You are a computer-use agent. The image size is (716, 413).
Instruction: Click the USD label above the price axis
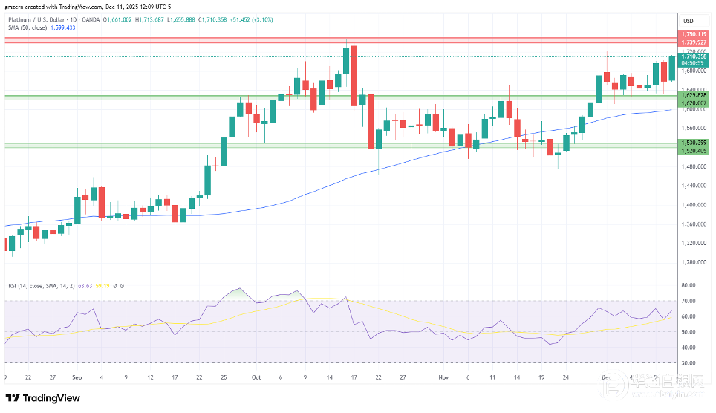pos(688,20)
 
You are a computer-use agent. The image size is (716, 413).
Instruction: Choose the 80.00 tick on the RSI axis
pos(688,285)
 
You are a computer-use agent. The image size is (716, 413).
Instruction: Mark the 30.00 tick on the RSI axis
pos(688,363)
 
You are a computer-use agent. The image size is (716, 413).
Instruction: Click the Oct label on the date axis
pos(256,377)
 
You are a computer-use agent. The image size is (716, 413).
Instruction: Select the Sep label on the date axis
pos(77,377)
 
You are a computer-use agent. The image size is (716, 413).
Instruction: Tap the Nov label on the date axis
pos(443,377)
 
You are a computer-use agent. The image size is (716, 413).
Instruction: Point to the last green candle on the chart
pos(672,68)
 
